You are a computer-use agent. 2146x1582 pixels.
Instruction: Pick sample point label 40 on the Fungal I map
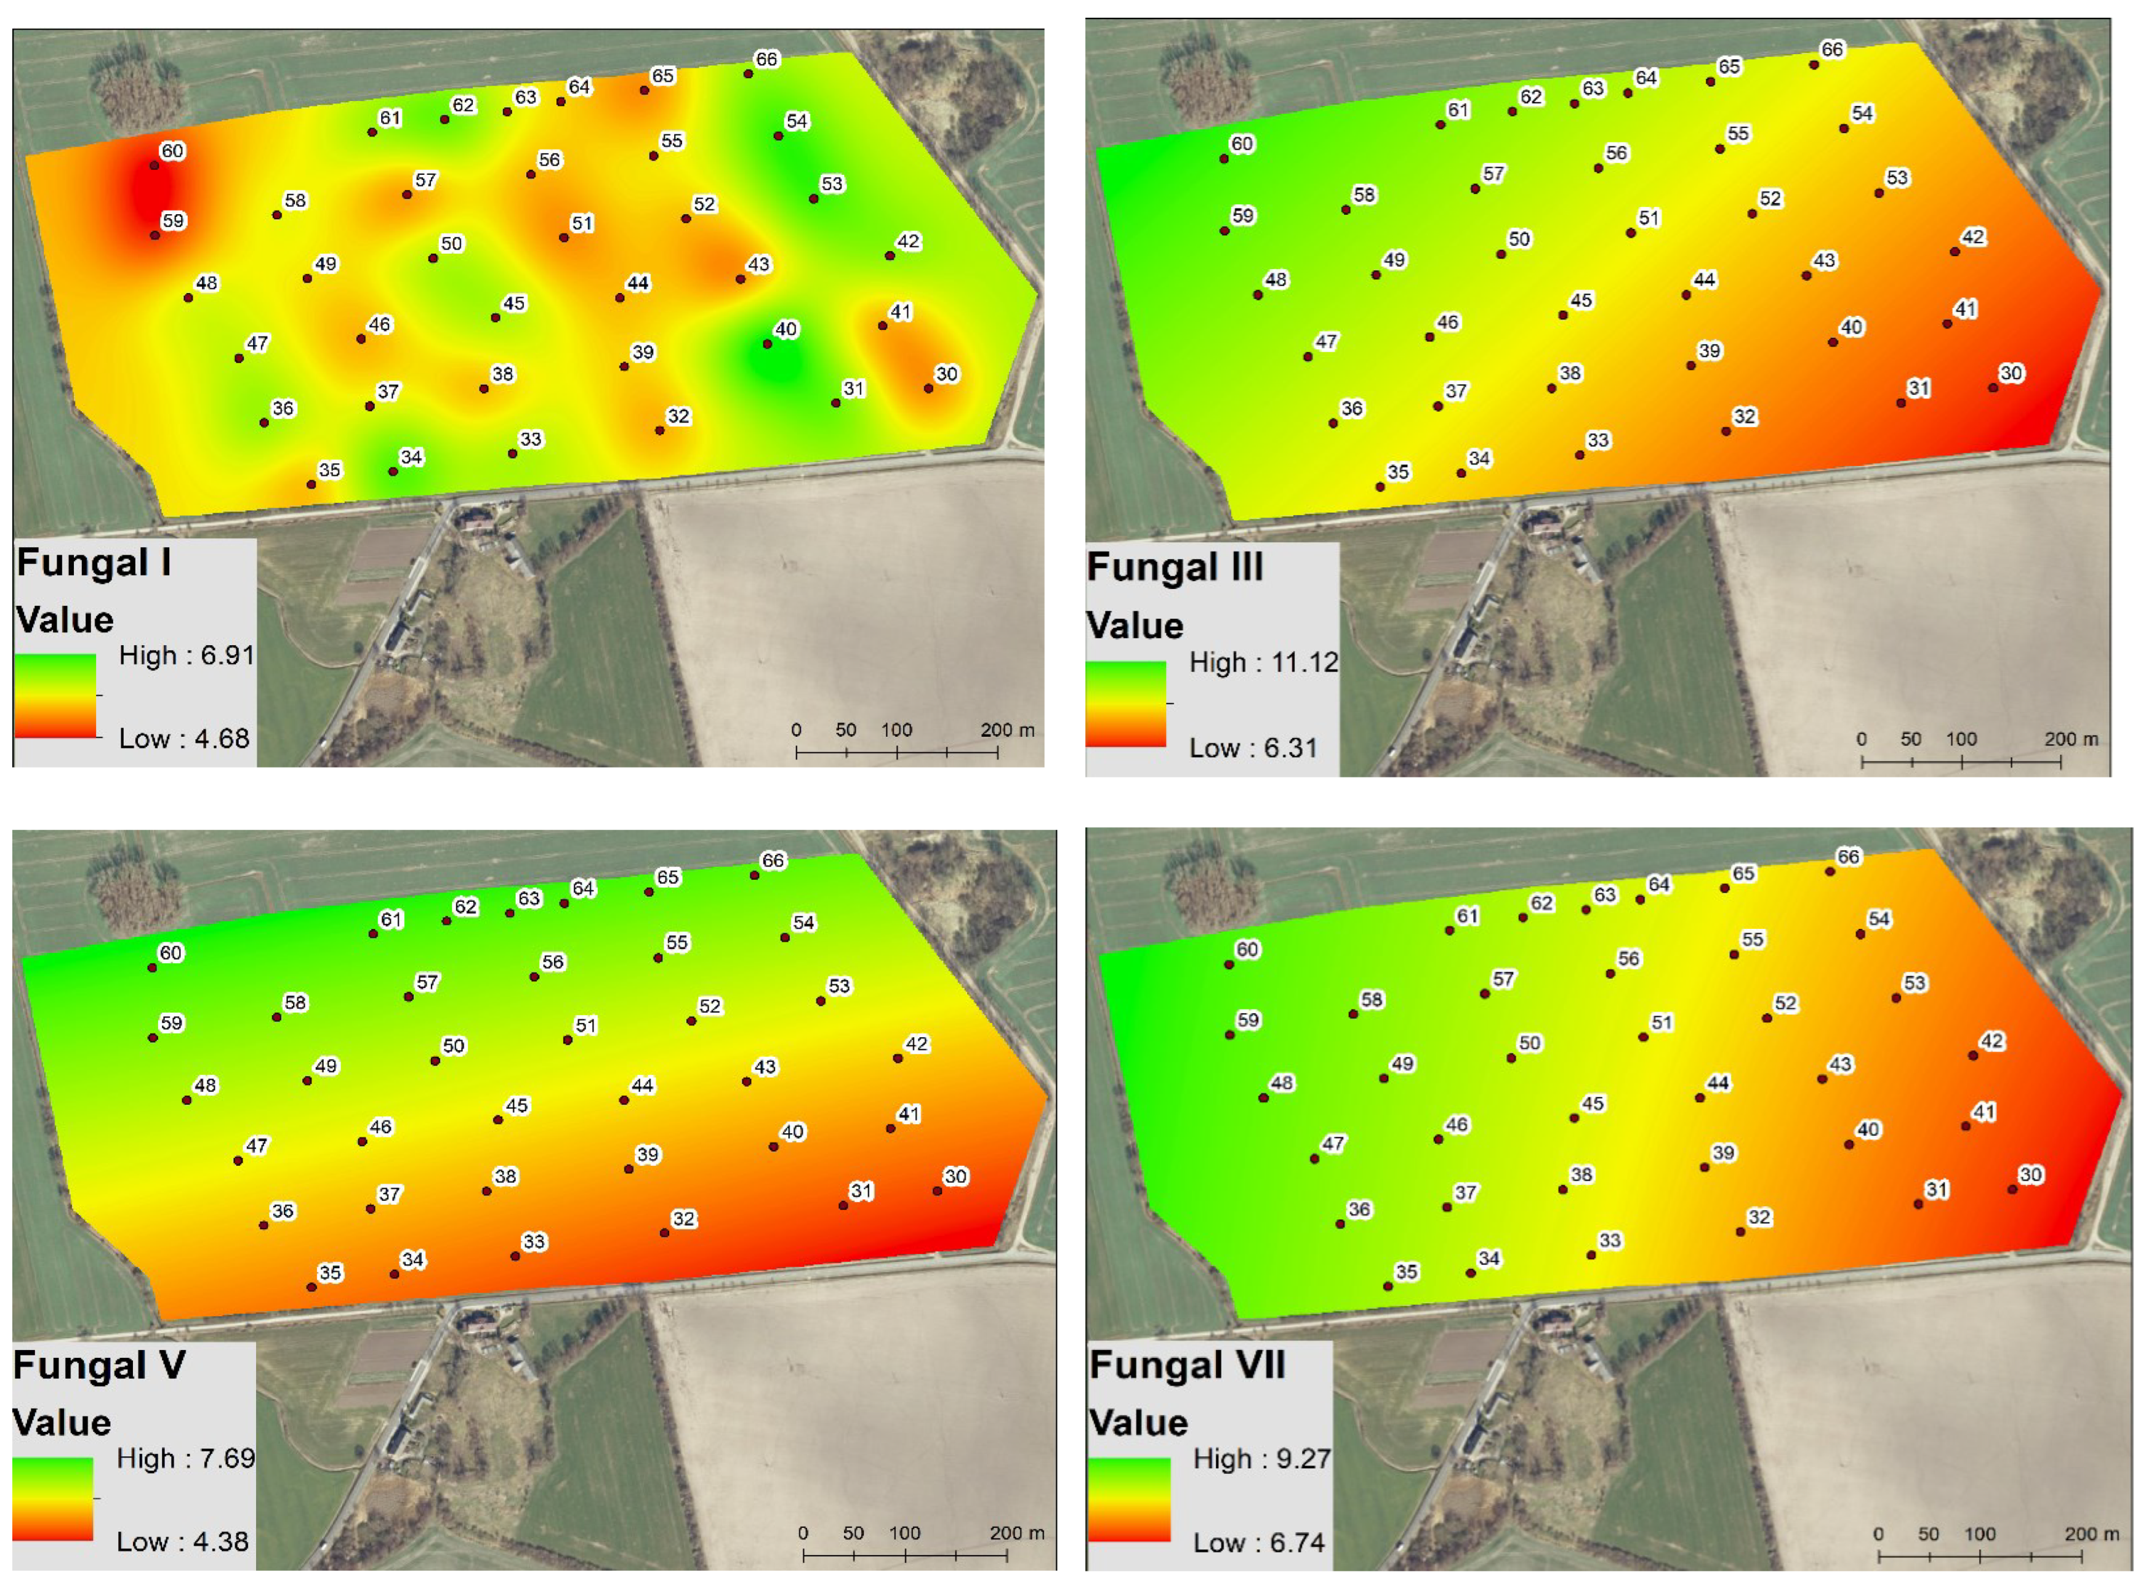[786, 329]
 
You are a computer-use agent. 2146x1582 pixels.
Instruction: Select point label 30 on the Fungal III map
[2010, 374]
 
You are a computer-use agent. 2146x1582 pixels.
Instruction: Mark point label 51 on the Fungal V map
[585, 1026]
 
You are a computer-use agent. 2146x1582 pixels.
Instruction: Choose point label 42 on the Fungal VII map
[1991, 1041]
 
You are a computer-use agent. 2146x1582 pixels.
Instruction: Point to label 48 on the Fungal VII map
[1281, 1083]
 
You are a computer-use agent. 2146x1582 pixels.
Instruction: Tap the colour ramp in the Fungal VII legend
[1129, 1500]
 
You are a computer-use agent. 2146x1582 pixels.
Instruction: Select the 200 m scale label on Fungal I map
[1007, 729]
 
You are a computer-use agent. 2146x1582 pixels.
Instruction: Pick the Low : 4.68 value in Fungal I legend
[183, 738]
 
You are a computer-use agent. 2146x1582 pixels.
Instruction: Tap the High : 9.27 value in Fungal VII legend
[1261, 1458]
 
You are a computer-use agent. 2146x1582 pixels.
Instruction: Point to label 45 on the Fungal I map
[514, 303]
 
